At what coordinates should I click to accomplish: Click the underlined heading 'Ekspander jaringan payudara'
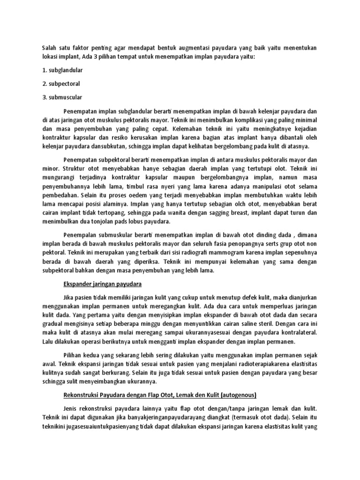coord(102,284)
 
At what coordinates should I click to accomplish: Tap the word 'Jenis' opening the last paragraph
coord(71,408)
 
